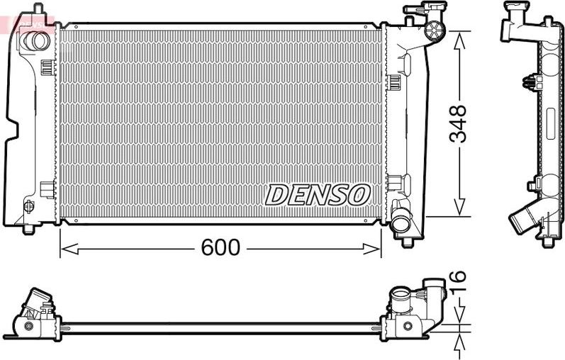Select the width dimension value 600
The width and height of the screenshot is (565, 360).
[x=220, y=247]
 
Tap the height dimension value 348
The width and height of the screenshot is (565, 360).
[x=459, y=124]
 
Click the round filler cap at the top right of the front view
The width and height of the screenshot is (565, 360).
[x=433, y=30]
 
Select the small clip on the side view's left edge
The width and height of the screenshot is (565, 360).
[x=529, y=82]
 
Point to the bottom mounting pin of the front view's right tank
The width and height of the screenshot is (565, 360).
[x=408, y=241]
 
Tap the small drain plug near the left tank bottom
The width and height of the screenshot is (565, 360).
[x=29, y=206]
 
